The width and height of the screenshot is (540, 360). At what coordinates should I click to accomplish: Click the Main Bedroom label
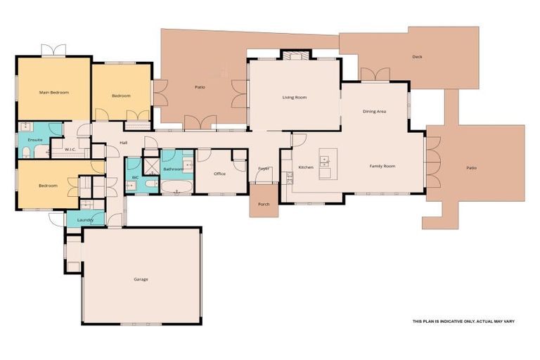click(53, 92)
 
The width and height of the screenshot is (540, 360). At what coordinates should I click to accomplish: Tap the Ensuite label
click(35, 140)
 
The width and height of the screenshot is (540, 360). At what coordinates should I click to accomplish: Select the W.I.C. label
click(70, 149)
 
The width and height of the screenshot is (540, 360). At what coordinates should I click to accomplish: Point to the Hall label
click(123, 143)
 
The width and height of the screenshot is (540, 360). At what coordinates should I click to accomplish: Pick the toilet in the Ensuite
click(26, 152)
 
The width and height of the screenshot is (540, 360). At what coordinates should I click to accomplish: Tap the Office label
click(219, 174)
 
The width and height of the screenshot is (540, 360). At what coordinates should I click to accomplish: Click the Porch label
click(264, 205)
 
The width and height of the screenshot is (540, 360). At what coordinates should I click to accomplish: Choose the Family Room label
click(383, 166)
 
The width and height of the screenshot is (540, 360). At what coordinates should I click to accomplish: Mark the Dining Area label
click(374, 111)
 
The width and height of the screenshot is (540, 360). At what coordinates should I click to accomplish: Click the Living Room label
click(295, 98)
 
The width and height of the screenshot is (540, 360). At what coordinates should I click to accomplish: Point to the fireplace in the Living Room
click(295, 55)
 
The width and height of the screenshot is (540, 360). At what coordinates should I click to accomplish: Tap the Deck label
click(418, 57)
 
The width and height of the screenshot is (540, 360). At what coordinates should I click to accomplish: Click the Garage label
click(141, 279)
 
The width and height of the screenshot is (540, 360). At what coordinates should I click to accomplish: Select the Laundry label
click(85, 220)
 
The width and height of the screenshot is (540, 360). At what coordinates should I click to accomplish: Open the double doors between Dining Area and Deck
click(375, 75)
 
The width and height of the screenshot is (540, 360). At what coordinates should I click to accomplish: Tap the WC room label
click(134, 178)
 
